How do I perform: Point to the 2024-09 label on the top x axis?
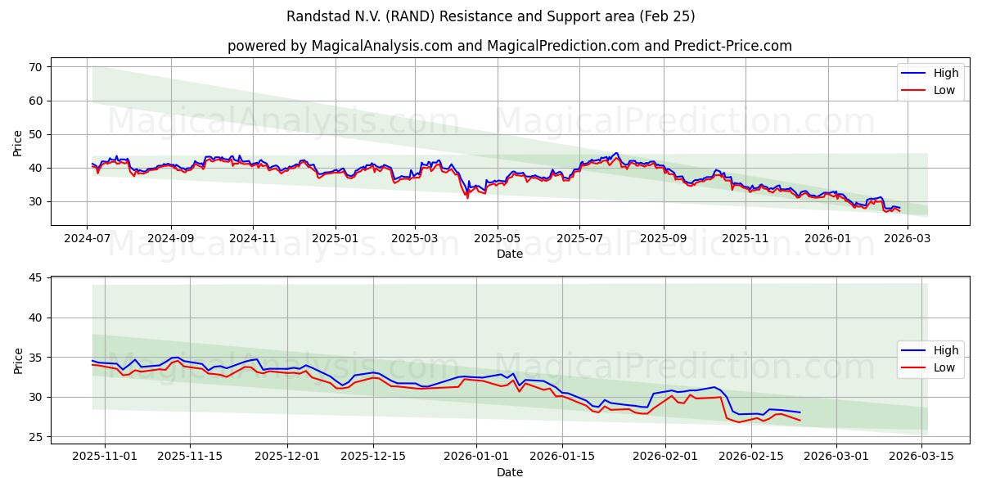(171, 238)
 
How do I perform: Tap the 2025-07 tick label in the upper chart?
(579, 238)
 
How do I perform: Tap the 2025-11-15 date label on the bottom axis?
(190, 456)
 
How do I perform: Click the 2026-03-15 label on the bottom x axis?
(922, 456)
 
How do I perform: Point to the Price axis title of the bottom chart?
(18, 360)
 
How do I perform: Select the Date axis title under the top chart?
(509, 254)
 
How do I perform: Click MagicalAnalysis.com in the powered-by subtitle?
(382, 46)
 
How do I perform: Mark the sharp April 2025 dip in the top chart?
(467, 196)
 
